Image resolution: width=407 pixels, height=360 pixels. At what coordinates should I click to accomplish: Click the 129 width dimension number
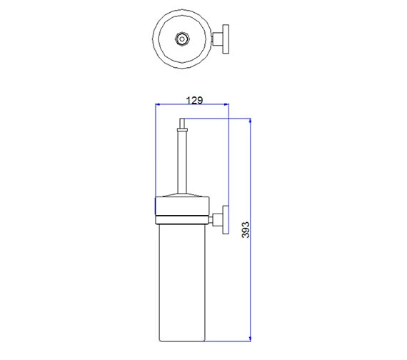tap(194, 100)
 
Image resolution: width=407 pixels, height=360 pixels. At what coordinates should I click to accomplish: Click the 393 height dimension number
tap(246, 229)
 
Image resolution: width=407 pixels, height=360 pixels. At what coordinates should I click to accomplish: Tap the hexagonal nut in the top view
tap(182, 39)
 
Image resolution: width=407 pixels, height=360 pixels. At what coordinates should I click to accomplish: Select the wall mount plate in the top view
tap(226, 39)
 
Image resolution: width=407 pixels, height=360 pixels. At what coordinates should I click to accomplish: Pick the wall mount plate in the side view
tap(226, 220)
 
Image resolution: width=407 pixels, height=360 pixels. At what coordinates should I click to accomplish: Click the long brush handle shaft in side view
tap(182, 162)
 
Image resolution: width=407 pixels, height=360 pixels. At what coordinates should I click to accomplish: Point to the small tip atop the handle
tap(182, 123)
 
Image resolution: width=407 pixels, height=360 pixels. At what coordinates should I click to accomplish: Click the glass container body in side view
tap(182, 282)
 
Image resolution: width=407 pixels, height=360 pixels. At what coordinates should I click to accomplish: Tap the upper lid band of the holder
tap(182, 206)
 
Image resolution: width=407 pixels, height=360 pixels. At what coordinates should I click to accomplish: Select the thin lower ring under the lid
tap(182, 220)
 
